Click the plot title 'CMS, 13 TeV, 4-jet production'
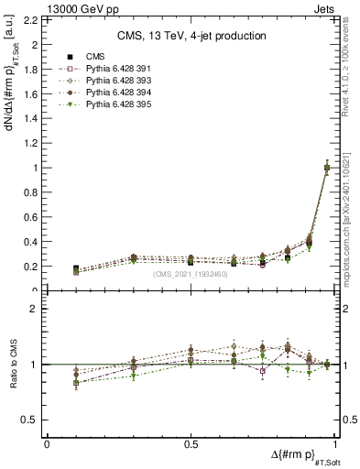point(191,36)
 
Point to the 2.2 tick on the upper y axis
point(29,19)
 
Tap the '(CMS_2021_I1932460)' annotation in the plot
point(191,274)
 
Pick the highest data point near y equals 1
point(327,168)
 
